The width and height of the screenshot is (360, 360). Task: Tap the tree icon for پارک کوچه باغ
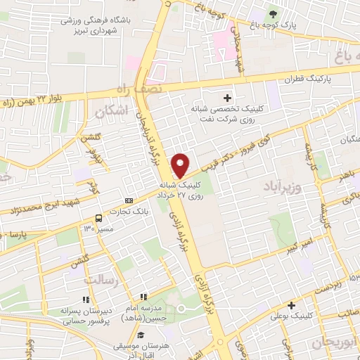tap(272, 13)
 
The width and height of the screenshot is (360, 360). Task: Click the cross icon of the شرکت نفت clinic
tap(226, 98)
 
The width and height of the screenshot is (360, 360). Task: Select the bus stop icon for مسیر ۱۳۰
tap(98, 217)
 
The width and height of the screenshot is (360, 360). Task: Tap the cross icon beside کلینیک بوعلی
tap(291, 305)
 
